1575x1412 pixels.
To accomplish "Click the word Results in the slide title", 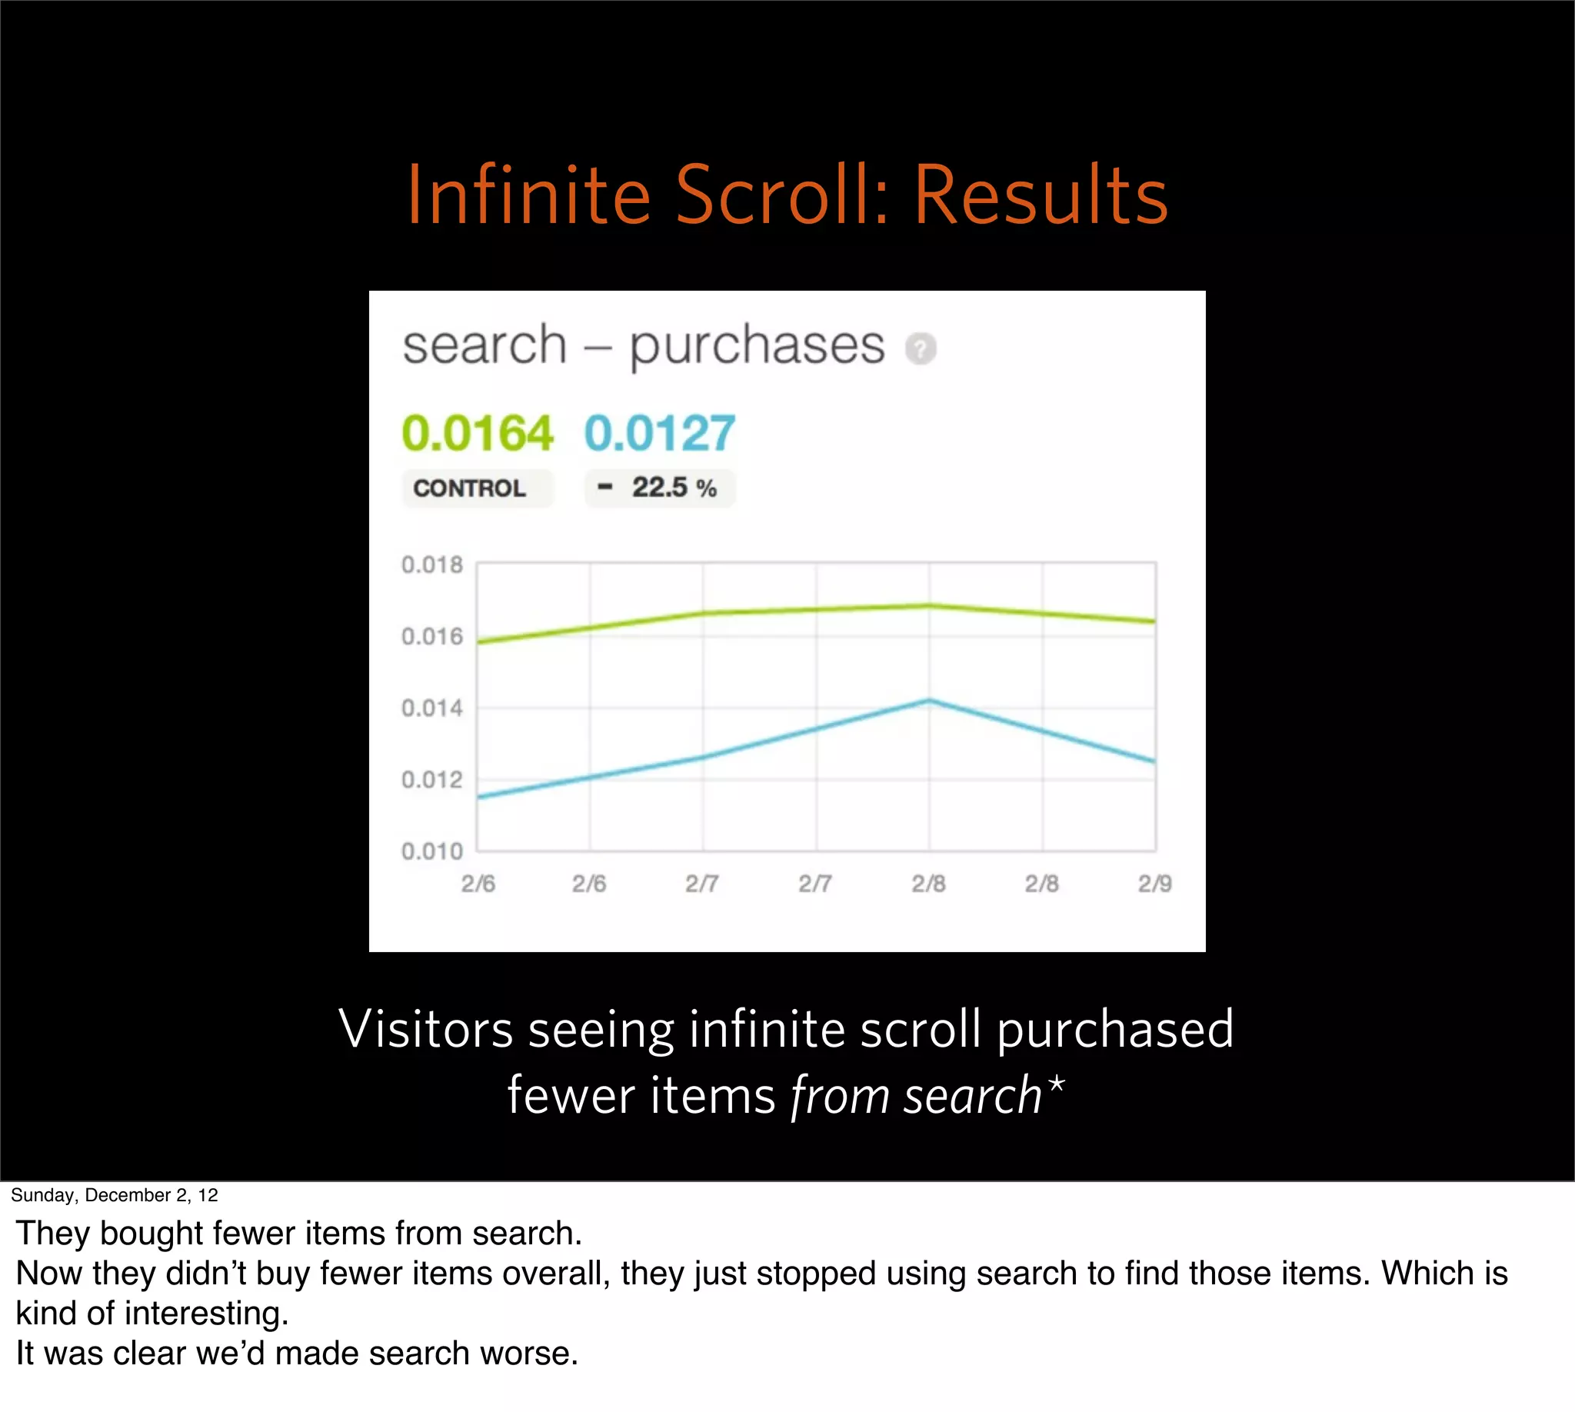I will click(1041, 195).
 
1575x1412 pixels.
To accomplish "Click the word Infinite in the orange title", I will click(528, 195).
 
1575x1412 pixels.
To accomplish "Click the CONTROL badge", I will click(470, 488).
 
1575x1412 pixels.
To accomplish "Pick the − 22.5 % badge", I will click(660, 488).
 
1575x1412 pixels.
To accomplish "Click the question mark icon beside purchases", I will click(921, 348).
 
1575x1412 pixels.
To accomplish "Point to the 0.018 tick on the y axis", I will click(431, 564).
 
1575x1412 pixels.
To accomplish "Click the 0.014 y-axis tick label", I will click(431, 708).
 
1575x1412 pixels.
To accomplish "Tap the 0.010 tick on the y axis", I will click(431, 851).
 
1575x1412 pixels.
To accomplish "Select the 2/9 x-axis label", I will click(1154, 884).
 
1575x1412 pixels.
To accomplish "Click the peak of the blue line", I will click(929, 701).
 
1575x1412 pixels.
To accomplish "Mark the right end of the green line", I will click(1154, 621).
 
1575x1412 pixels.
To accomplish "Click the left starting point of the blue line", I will click(478, 797).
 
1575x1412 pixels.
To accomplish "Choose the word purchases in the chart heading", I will click(757, 345).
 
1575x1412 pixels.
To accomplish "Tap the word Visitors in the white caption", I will click(426, 1030).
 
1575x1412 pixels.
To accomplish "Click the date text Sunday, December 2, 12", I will click(114, 1195).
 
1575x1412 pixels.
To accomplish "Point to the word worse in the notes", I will click(524, 1353).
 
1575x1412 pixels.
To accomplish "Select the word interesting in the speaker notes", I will click(206, 1313).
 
